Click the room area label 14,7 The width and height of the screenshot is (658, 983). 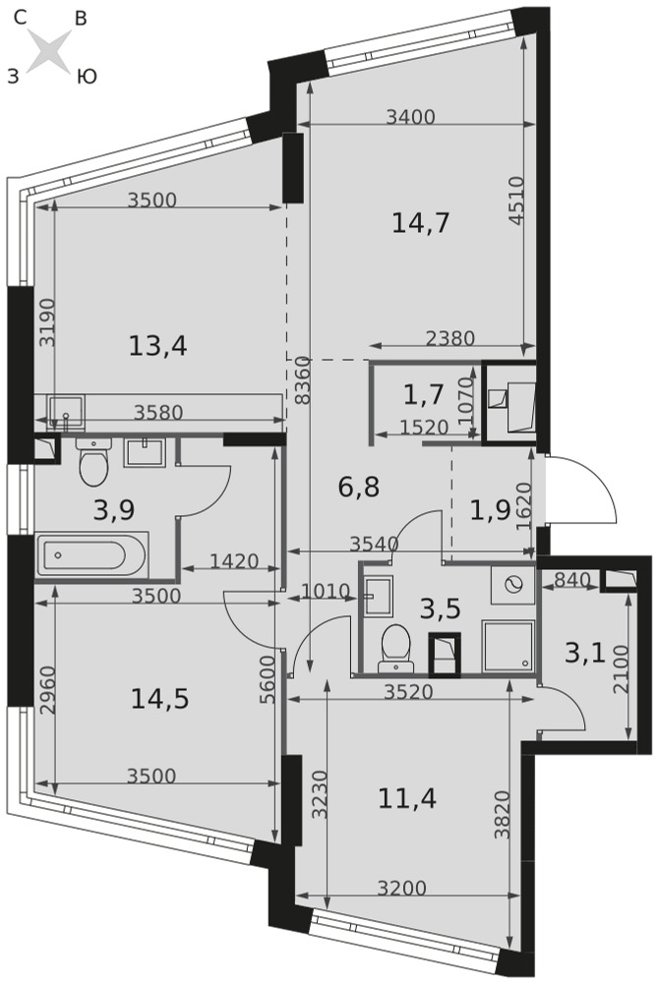(x=421, y=222)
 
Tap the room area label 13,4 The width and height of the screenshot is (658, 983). (x=158, y=345)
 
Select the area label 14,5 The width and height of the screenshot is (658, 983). (x=160, y=698)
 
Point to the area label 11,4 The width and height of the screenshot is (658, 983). (x=407, y=798)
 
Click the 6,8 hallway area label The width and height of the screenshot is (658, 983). (x=359, y=487)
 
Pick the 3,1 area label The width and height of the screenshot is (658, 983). (x=584, y=654)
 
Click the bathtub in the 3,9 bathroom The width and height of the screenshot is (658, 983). (x=92, y=554)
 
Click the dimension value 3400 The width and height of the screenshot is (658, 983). (x=410, y=117)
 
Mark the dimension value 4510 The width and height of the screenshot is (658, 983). (x=515, y=201)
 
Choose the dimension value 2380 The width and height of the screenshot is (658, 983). (x=450, y=338)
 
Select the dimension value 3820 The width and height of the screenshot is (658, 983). (x=502, y=814)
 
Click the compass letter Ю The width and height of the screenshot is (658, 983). (x=87, y=77)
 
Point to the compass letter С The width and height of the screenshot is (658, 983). (x=20, y=20)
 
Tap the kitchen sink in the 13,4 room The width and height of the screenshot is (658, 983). (x=65, y=412)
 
